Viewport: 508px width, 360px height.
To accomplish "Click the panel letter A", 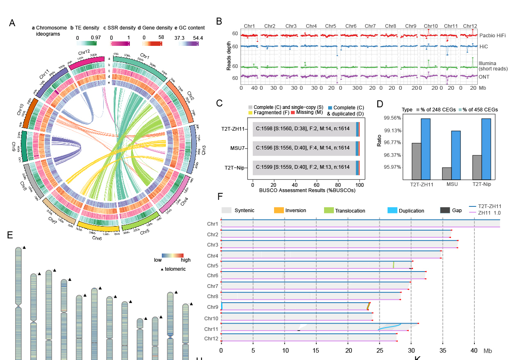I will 12,23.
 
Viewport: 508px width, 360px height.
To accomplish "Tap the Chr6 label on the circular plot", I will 97,238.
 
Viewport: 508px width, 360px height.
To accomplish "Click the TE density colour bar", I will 86,43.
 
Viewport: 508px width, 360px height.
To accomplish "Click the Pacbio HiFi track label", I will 492,36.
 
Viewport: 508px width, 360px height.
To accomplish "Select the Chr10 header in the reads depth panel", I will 431,26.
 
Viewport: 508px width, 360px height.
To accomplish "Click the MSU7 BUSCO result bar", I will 306,148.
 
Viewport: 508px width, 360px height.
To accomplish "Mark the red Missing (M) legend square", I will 293,112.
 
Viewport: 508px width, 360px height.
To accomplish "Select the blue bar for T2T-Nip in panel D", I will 486,149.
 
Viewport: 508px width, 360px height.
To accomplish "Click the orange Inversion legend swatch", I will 279,211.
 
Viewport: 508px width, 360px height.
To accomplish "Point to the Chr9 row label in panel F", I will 212,306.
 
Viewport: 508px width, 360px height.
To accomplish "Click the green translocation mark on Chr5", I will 393,265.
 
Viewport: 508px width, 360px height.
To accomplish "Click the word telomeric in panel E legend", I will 175,269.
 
